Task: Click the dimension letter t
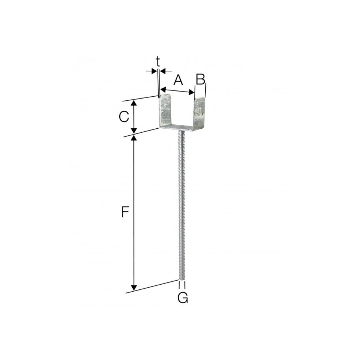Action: click(158, 61)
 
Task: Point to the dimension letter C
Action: click(124, 117)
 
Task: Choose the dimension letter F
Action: click(125, 213)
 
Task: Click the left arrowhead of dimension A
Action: click(162, 89)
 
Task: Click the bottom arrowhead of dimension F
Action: click(134, 288)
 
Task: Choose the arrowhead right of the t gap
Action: click(162, 71)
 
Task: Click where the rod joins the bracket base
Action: click(182, 132)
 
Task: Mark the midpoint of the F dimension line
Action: click(134, 213)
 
